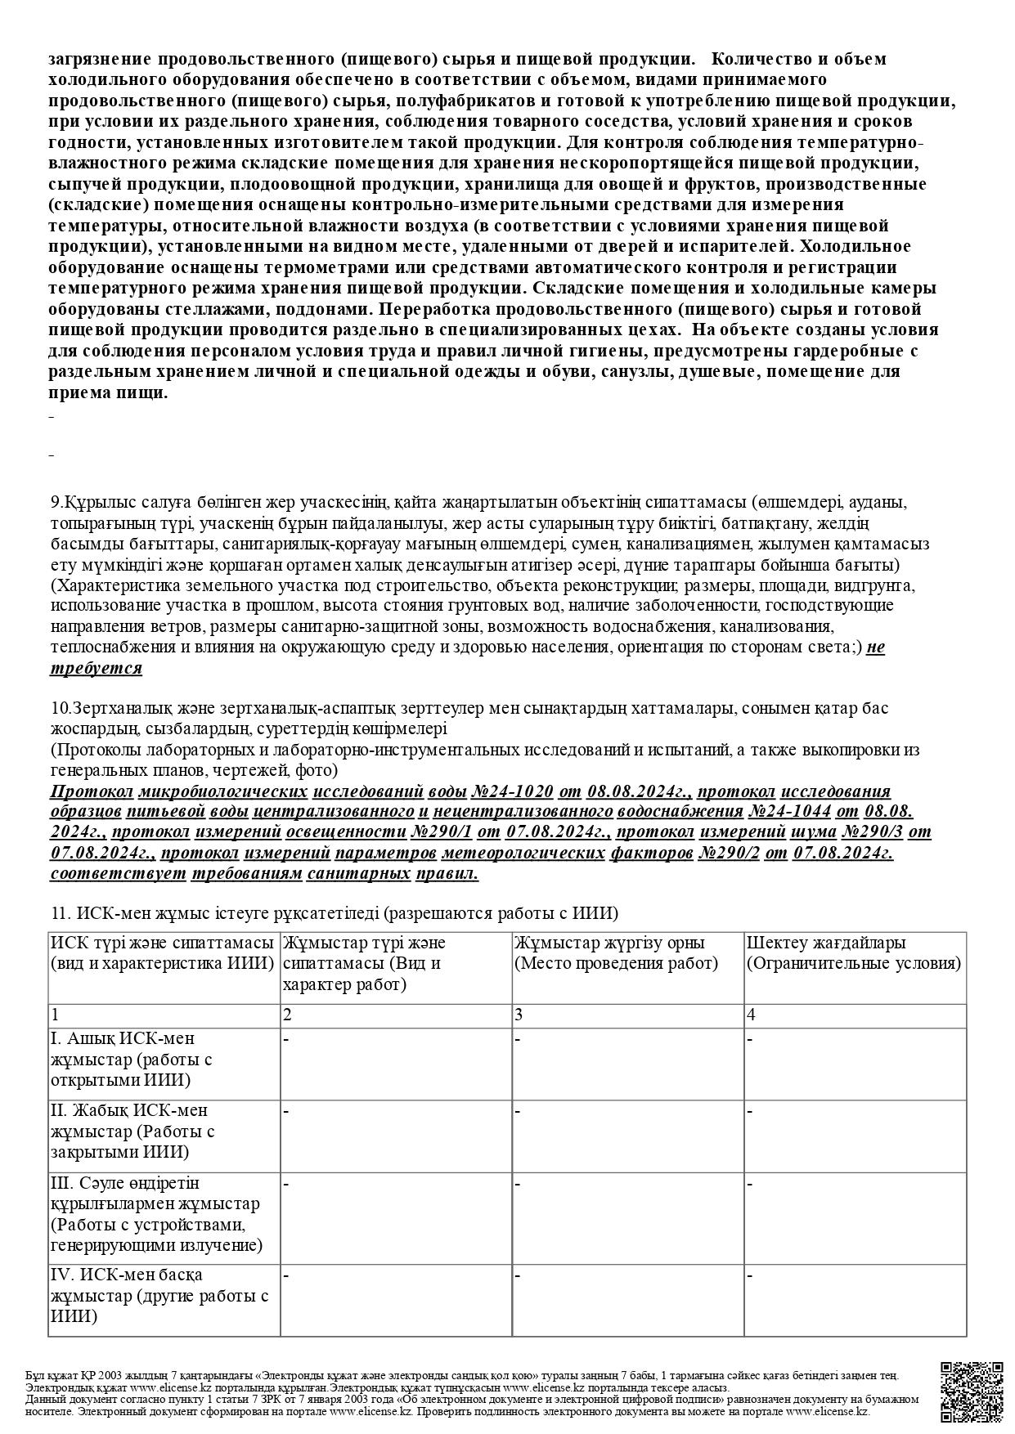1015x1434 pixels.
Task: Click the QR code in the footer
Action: pyautogui.click(x=971, y=1391)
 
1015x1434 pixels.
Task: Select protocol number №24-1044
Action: pyautogui.click(x=789, y=812)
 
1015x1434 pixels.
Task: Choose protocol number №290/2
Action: pyautogui.click(x=730, y=854)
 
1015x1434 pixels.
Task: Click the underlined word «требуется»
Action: pyautogui.click(x=96, y=669)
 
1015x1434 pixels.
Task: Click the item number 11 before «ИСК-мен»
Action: pyautogui.click(x=58, y=913)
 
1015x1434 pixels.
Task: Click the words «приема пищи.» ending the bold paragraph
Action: pyautogui.click(x=108, y=392)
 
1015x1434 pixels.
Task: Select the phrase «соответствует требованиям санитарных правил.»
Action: pyautogui.click(x=264, y=874)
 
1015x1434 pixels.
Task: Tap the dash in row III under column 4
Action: pyautogui.click(x=750, y=1183)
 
